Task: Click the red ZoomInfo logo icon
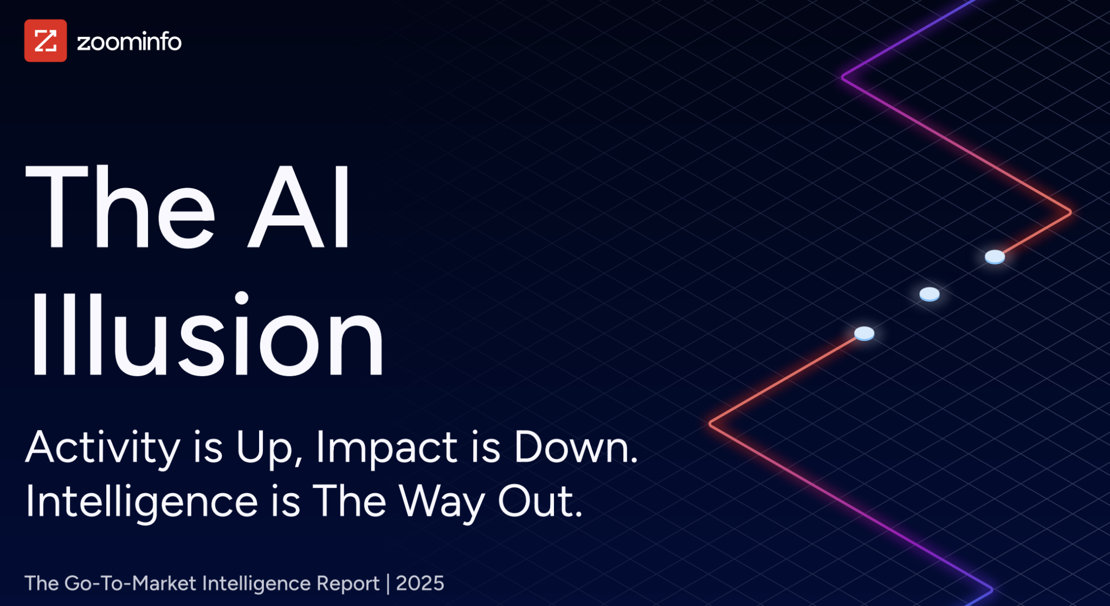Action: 46,41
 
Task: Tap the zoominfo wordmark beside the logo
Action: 129,42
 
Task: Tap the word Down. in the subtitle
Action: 576,447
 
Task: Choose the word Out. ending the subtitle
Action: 540,501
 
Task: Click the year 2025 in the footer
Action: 420,583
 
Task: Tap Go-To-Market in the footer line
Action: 130,583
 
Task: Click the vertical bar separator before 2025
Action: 388,584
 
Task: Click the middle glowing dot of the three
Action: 930,294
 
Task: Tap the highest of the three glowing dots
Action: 995,257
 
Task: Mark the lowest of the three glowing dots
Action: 864,333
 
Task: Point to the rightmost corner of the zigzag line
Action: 1070,212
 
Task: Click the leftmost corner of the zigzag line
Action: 711,424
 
